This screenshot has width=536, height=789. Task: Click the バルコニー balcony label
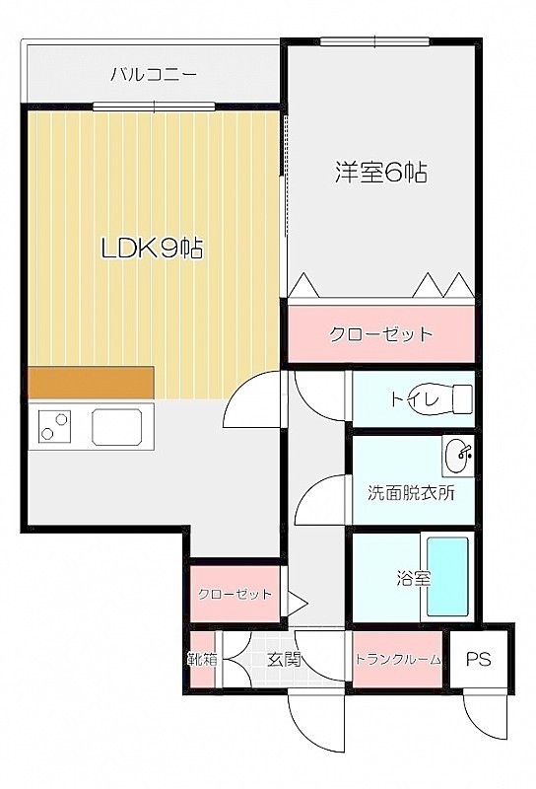point(154,76)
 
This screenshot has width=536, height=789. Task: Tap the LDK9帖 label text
point(153,249)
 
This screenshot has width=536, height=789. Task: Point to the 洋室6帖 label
point(381,173)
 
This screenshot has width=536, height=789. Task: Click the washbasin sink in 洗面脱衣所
point(457,456)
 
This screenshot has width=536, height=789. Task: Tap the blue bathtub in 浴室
point(447,577)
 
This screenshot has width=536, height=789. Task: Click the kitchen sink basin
point(116,427)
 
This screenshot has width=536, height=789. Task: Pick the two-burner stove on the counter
point(54,426)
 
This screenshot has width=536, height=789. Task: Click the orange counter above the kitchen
point(91,383)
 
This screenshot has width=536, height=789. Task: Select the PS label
point(478,659)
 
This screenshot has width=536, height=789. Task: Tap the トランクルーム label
point(398,659)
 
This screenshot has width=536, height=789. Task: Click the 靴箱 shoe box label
point(203,659)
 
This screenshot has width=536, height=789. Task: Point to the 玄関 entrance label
point(284,659)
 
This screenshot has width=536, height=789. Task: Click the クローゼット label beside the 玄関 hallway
point(234,595)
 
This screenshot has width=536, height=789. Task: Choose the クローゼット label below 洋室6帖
point(380,334)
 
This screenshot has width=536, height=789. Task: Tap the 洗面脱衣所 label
point(411,492)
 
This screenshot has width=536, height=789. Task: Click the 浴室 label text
point(413,578)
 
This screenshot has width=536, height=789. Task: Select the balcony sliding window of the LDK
point(154,107)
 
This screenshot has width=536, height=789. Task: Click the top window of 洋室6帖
point(374,41)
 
